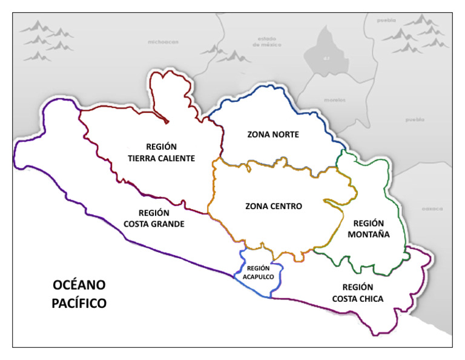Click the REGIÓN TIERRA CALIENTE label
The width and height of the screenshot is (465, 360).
click(162, 152)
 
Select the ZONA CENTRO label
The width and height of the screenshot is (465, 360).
click(273, 206)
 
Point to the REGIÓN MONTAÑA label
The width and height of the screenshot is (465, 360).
click(370, 228)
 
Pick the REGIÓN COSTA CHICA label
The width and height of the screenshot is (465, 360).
click(357, 292)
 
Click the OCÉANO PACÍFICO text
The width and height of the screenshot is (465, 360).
click(79, 293)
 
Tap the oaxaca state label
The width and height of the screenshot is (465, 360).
click(432, 208)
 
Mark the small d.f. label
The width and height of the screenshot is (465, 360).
click(325, 59)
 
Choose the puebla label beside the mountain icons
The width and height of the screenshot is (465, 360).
click(386, 19)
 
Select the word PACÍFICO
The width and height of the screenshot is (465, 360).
click(79, 302)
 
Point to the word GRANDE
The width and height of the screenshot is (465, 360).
click(170, 224)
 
